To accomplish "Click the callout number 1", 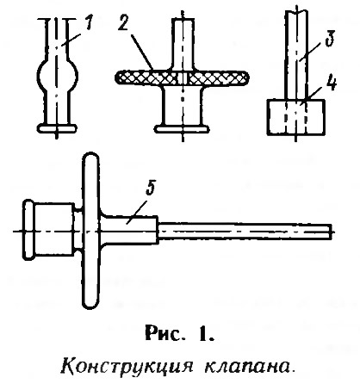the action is [89, 23].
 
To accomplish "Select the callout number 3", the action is [330, 38].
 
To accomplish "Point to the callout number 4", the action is [331, 84].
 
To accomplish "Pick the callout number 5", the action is [151, 189].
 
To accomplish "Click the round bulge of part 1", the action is [58, 75].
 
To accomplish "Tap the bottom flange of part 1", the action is [58, 128].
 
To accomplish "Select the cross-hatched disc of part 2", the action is [181, 77].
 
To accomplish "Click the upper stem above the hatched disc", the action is [183, 44].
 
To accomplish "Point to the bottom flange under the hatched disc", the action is [182, 129].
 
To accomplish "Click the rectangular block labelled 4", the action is [296, 117].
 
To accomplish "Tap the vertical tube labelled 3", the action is [296, 54].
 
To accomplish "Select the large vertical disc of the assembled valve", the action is [91, 231].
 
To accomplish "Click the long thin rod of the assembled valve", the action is [245, 232].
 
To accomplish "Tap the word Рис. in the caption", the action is [164, 334].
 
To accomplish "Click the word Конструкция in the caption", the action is [126, 367].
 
